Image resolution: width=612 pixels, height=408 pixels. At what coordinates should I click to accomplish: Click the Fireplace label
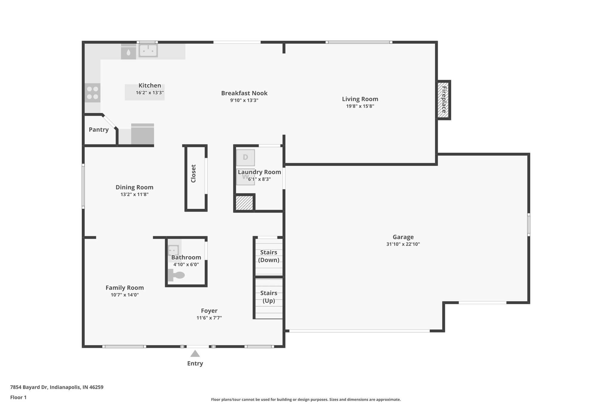click(x=444, y=100)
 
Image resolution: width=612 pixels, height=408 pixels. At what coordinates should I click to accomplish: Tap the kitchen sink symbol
click(x=148, y=51)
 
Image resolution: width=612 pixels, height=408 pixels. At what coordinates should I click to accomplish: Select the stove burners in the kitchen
click(x=92, y=93)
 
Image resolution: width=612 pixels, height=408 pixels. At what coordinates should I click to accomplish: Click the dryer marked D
click(x=245, y=157)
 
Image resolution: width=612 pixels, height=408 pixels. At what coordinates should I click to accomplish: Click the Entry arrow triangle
click(x=195, y=354)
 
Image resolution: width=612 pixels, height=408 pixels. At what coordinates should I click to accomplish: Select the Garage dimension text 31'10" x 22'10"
click(x=403, y=244)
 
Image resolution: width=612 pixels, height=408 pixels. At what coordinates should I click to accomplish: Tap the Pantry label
click(x=99, y=130)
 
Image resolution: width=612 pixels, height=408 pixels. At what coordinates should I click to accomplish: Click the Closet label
click(x=193, y=174)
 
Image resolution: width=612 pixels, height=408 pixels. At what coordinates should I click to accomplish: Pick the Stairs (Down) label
click(x=269, y=256)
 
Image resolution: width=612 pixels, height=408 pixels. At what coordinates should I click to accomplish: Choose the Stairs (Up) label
click(x=269, y=297)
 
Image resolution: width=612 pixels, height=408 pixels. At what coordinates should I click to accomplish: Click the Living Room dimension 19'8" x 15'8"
click(x=360, y=106)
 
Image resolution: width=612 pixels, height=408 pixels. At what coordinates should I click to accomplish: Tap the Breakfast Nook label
click(x=244, y=93)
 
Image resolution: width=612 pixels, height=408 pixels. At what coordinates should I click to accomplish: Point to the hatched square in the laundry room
click(x=244, y=203)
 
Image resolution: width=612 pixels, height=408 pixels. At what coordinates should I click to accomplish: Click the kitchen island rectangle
click(x=145, y=92)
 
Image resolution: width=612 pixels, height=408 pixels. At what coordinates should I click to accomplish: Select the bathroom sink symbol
click(x=173, y=250)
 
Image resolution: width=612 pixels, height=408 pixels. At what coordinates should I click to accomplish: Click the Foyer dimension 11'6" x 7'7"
click(x=209, y=318)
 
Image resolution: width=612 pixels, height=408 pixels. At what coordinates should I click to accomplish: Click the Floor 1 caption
click(x=19, y=398)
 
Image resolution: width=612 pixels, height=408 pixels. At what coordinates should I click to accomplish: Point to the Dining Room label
click(x=134, y=187)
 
